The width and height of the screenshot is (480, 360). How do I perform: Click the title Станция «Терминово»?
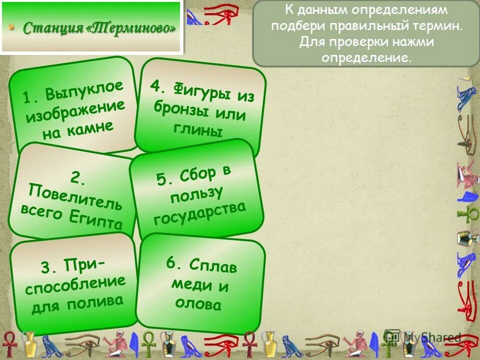[x=99, y=27]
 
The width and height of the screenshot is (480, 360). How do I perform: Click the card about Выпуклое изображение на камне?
[x=73, y=109]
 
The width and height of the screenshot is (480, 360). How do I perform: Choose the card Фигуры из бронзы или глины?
[x=201, y=107]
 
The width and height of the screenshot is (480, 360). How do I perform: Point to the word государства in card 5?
[x=200, y=212]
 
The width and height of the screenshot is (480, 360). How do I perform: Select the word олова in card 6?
[x=198, y=303]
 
